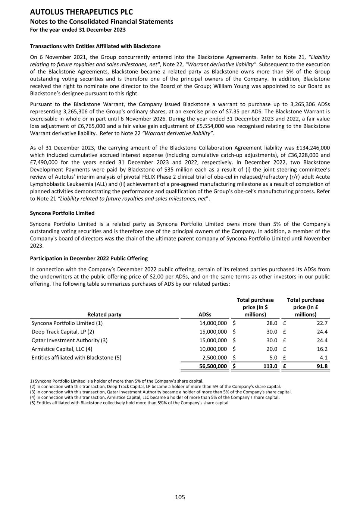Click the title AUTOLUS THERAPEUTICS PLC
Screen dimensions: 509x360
[81, 12]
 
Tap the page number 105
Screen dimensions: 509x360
[180, 497]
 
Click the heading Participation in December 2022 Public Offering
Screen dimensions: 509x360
[89, 258]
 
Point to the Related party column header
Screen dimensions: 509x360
[104, 314]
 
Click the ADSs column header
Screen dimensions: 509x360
[205, 314]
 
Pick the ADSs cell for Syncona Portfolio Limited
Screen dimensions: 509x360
[213, 323]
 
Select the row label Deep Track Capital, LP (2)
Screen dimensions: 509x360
[63, 332]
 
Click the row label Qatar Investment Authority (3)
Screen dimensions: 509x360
[69, 340]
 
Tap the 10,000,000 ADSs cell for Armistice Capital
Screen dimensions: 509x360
[213, 349]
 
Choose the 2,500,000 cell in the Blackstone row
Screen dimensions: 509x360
[215, 358]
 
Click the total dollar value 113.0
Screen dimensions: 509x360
[270, 366]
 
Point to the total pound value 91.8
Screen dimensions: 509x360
[322, 366]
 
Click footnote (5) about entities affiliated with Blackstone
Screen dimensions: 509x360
[129, 403]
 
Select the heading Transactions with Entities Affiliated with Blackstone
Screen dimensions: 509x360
[95, 46]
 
